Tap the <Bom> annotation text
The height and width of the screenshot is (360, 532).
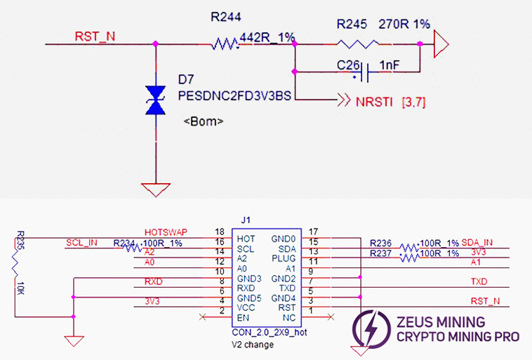coord(204,121)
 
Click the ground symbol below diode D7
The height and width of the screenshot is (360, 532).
coord(154,190)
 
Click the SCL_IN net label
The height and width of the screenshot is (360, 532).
coord(83,242)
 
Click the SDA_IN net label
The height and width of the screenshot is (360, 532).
coord(477,242)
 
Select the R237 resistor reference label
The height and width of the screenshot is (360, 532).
coord(383,253)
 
